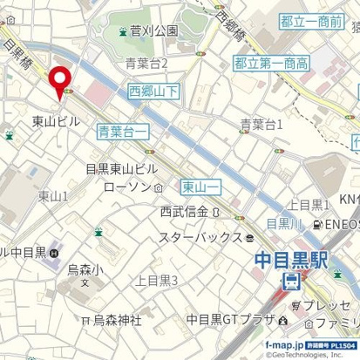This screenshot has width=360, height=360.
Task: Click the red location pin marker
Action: [61, 81]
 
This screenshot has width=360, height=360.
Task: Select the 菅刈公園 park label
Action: [154, 31]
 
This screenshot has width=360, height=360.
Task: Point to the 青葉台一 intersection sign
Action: [122, 132]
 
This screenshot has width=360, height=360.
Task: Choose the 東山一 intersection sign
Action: [201, 186]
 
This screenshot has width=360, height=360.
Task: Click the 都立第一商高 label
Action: [271, 63]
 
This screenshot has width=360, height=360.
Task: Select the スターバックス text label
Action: [200, 236]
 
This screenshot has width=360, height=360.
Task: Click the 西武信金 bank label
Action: [184, 211]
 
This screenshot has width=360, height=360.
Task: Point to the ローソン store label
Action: [126, 187]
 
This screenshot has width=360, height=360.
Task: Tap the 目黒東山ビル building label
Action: [121, 169]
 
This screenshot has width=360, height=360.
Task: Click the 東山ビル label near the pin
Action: [55, 121]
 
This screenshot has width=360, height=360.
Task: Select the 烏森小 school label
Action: [85, 269]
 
